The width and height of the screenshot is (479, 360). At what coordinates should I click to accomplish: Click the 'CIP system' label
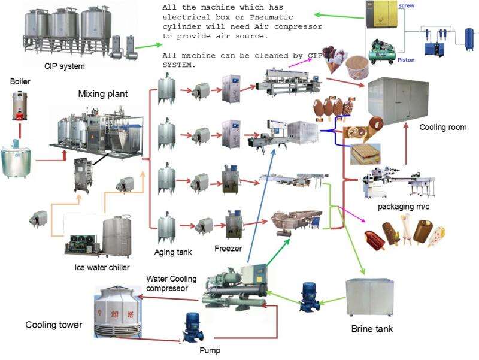pyautogui.click(x=65, y=66)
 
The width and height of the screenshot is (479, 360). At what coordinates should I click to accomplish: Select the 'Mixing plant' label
pyautogui.click(x=103, y=94)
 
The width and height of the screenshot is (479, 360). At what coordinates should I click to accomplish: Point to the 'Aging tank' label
pyautogui.click(x=172, y=252)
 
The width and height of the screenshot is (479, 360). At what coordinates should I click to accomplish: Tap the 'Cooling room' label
pyautogui.click(x=442, y=128)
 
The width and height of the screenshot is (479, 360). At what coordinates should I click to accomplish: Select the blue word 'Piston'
pyautogui.click(x=423, y=60)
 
